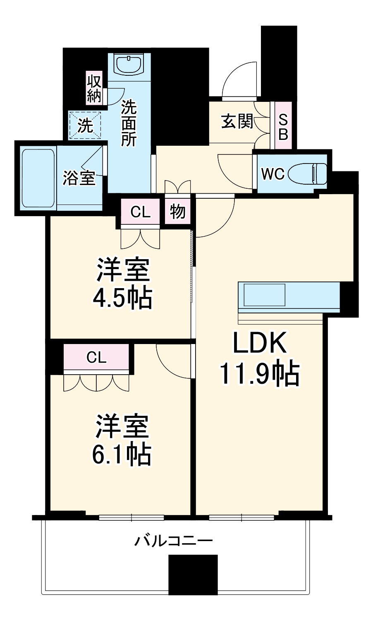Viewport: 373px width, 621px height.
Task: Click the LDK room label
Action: pos(259,343)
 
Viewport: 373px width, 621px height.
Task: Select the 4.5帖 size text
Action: pos(122,297)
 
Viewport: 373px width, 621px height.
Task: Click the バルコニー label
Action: pos(174,541)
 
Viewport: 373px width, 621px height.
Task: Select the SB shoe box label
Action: pos(283,126)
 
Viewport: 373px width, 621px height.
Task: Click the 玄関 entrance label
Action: pos(237,121)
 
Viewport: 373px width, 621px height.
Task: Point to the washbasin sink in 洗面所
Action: pos(129,65)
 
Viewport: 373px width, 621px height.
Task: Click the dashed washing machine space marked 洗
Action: pos(85,125)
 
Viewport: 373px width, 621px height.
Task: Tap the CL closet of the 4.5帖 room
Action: pos(140,212)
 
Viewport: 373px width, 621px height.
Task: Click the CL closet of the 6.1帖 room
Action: pos(97,357)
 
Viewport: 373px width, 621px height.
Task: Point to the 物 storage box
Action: pos(178,212)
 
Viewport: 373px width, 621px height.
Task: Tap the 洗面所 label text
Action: pos(129,124)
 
